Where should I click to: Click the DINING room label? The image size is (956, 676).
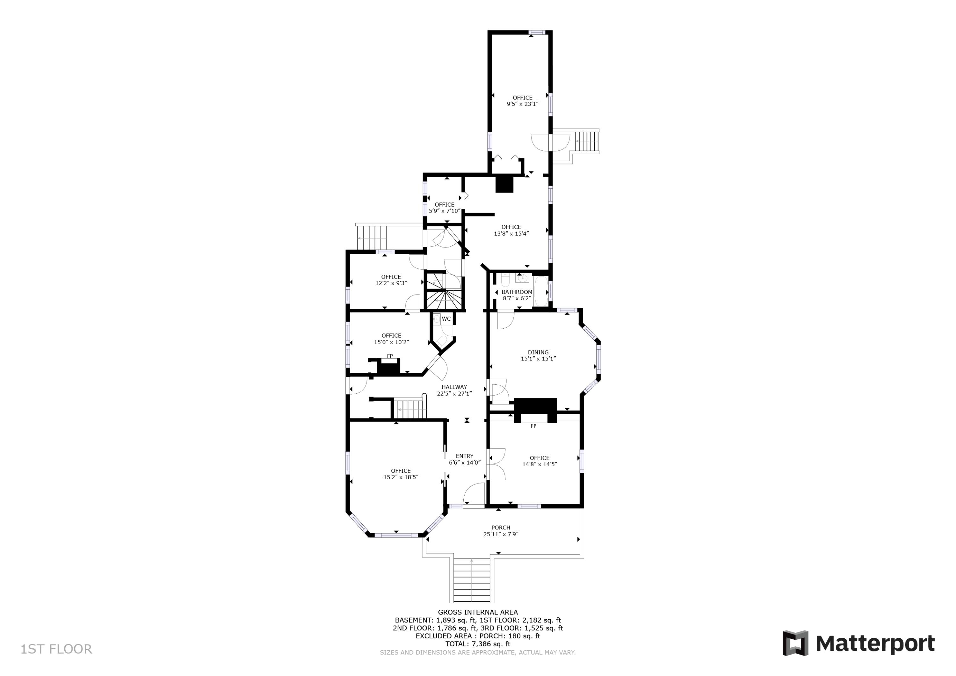click(x=538, y=353)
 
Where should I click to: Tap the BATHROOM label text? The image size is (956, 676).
click(x=517, y=292)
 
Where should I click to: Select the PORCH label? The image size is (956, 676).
click(x=501, y=527)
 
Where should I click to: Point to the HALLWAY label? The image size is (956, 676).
click(x=454, y=387)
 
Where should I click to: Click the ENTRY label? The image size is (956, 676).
click(x=464, y=456)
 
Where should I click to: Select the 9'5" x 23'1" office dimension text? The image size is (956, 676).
click(x=522, y=104)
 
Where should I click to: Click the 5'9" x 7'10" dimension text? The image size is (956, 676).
click(x=444, y=211)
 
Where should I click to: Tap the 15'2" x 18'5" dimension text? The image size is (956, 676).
click(x=401, y=477)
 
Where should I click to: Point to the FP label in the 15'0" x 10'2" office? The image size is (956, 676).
click(x=390, y=356)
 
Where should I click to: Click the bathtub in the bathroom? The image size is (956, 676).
click(x=540, y=292)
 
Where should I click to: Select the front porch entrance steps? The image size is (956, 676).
click(x=471, y=581)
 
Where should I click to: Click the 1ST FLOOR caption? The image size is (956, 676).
click(x=56, y=649)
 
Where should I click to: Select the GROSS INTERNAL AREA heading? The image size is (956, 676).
click(x=478, y=612)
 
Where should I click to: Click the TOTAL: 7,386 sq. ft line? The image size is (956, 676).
click(x=478, y=644)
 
